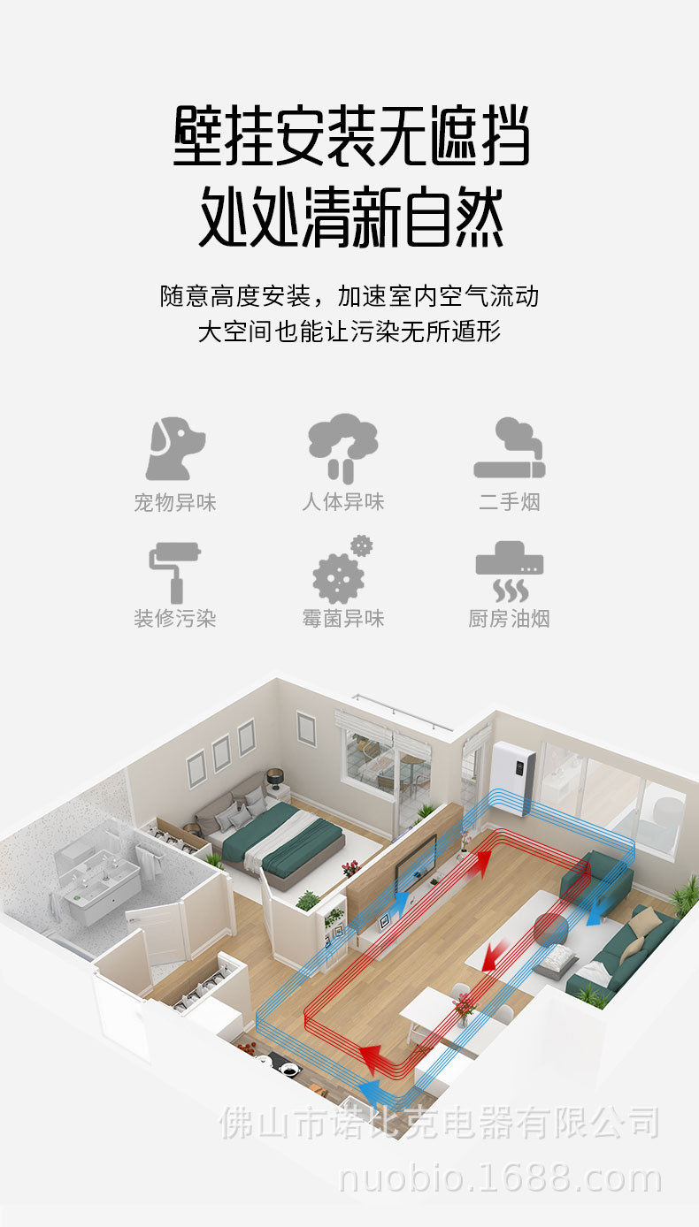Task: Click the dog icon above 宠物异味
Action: point(174,449)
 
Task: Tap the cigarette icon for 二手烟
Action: point(510,449)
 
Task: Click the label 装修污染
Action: point(174,619)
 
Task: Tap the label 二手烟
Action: point(510,503)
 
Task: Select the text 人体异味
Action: point(342,503)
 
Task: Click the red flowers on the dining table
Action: point(464,1004)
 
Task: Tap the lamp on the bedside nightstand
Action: point(274,778)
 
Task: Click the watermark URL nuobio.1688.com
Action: point(501,1178)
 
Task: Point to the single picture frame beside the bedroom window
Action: point(305,728)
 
